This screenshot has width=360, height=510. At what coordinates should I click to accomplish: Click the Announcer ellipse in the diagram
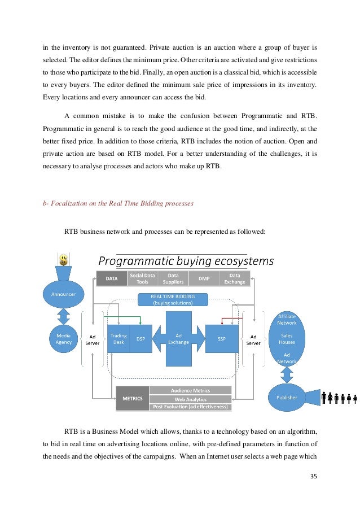pos(64,294)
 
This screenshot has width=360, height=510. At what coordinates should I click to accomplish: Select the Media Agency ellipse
pos(64,338)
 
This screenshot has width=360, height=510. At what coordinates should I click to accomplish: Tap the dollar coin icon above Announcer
pos(64,259)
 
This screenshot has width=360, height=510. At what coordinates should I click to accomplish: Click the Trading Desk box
pos(118,339)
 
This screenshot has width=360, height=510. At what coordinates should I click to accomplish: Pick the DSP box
pos(141,339)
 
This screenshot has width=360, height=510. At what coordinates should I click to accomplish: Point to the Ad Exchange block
pos(178,338)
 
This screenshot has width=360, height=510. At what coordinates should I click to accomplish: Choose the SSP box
pos(221,339)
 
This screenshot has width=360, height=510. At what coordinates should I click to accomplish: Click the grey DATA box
pos(112,278)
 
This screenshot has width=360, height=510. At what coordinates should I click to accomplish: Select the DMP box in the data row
pos(204,278)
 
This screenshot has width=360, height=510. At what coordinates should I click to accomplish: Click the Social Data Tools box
pos(142,278)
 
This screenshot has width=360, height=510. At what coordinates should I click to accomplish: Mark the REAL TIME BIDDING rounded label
pos(173,299)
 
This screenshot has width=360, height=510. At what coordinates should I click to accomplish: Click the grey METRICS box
pos(133,398)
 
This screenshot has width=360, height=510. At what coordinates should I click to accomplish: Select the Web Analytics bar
pos(191,399)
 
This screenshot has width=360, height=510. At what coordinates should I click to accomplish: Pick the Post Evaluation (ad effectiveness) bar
pos(191,407)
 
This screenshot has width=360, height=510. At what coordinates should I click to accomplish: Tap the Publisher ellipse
pos(287,398)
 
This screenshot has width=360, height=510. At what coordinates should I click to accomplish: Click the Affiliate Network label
pos(287,320)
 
